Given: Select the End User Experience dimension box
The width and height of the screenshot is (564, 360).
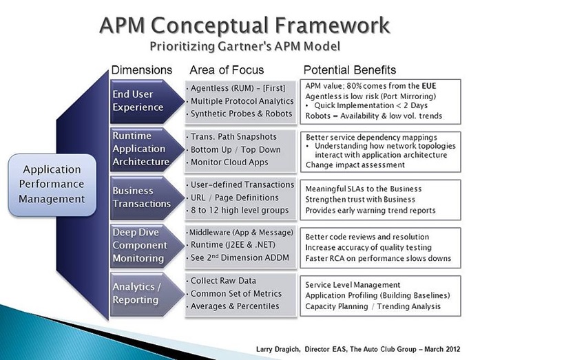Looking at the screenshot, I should pyautogui.click(x=140, y=100).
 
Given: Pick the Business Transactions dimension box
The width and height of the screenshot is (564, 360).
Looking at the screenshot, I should pyautogui.click(x=140, y=197).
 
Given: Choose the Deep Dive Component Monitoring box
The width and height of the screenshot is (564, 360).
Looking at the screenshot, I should pyautogui.click(x=140, y=246).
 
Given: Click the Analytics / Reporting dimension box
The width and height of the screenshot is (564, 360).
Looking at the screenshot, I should pyautogui.click(x=140, y=293).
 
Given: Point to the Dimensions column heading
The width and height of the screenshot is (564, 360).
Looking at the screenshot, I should pyautogui.click(x=142, y=70).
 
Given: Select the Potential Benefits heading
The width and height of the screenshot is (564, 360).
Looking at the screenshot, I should pyautogui.click(x=349, y=70).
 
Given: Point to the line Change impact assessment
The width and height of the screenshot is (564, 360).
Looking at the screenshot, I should pyautogui.click(x=355, y=165).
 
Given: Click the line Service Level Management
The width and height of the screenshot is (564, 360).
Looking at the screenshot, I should pyautogui.click(x=353, y=285).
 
